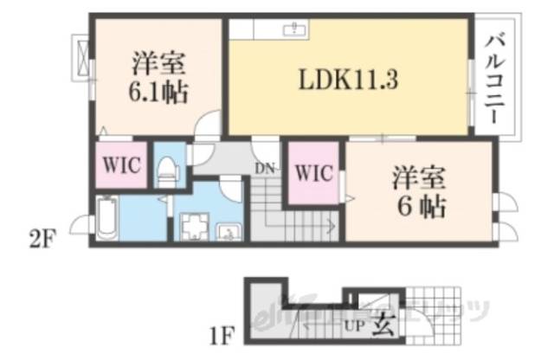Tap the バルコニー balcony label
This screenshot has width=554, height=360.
(x=497, y=77)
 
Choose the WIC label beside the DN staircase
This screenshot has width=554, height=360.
(x=312, y=172)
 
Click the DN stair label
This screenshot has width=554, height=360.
(x=265, y=167)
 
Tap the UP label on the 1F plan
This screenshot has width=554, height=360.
(x=354, y=327)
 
